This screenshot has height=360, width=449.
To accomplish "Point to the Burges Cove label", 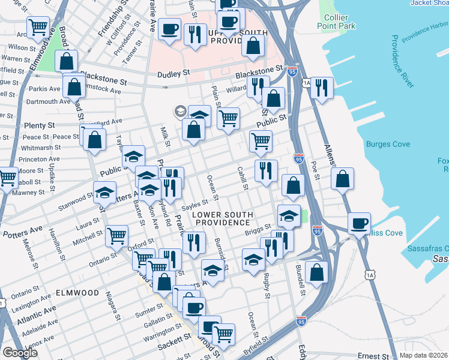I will pyautogui.click(x=388, y=144).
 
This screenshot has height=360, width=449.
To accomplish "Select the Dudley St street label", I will pyautogui.click(x=173, y=73).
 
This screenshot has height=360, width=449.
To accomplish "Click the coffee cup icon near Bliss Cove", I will pyautogui.click(x=359, y=223).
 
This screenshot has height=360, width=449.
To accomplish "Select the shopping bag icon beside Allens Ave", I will pyautogui.click(x=342, y=178).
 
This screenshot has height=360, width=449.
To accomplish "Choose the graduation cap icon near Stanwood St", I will pyautogui.click(x=104, y=193).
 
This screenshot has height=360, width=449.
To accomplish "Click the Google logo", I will pyautogui.click(x=20, y=353).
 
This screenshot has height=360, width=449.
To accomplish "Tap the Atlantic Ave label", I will pyautogui.click(x=36, y=314).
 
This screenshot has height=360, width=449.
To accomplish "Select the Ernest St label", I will pyautogui.click(x=374, y=356).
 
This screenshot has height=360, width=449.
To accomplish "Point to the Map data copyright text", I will pyautogui.click(x=423, y=355).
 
